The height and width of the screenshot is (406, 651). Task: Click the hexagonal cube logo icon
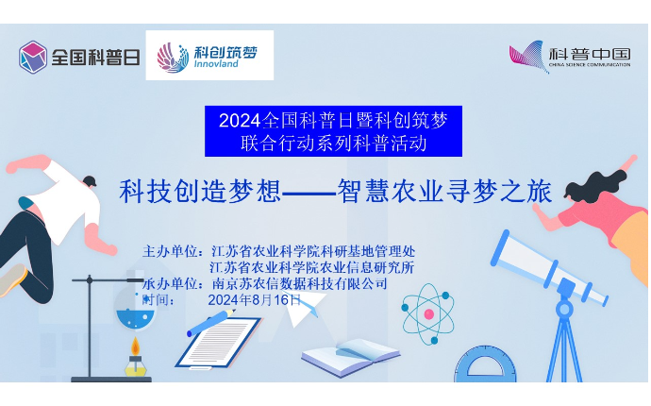pyautogui.click(x=33, y=57)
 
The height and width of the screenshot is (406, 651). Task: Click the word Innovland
pyautogui.click(x=216, y=64)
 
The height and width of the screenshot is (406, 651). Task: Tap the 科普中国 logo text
pyautogui.click(x=590, y=55)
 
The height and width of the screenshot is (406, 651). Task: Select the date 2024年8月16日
pyautogui.click(x=254, y=299)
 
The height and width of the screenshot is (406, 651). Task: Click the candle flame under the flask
pyautogui.click(x=135, y=347)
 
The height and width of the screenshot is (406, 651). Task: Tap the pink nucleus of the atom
pyautogui.click(x=429, y=314)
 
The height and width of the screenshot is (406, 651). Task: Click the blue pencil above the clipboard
pyautogui.click(x=211, y=323)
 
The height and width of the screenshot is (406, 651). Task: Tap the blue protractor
pyautogui.click(x=485, y=364)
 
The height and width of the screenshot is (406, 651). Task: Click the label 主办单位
pyautogui.click(x=170, y=251)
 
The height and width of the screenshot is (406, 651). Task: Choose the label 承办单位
pyautogui.click(x=170, y=284)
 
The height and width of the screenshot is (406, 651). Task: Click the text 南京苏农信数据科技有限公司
pyautogui.click(x=300, y=284)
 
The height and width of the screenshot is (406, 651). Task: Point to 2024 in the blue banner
pyautogui.click(x=240, y=121)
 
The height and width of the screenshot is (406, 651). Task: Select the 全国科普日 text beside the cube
pyautogui.click(x=96, y=58)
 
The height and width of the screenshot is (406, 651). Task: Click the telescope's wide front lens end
pyautogui.click(x=502, y=248)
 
